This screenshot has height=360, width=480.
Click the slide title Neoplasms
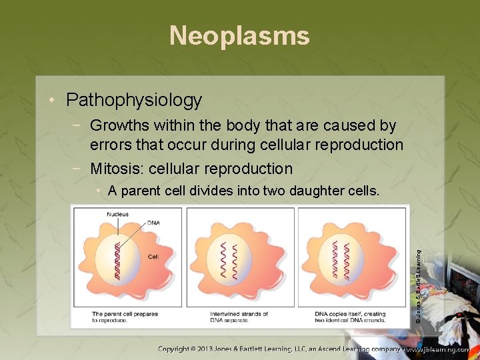pyautogui.click(x=239, y=35)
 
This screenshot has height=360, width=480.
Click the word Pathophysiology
pyautogui.click(x=134, y=100)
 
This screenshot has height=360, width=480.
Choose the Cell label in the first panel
pyautogui.click(x=152, y=255)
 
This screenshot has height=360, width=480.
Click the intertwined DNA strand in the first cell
pyautogui.click(x=118, y=261)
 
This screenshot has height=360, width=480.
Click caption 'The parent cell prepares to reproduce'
pyautogui.click(x=125, y=317)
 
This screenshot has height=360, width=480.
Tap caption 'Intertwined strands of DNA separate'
pyautogui.click(x=239, y=317)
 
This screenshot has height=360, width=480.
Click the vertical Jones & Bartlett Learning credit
pyautogui.click(x=417, y=286)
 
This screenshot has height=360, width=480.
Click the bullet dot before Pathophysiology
pyautogui.click(x=53, y=101)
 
